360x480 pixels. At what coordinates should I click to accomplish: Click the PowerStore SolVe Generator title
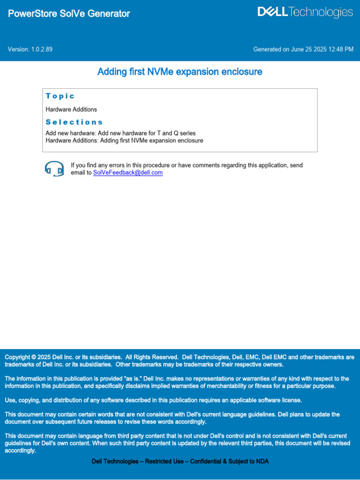pyautogui.click(x=69, y=14)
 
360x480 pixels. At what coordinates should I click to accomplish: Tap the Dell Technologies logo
pyautogui.click(x=305, y=13)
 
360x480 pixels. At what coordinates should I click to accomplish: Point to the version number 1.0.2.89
pyautogui.click(x=42, y=49)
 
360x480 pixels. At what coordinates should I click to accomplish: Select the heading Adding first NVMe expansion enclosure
pyautogui.click(x=180, y=72)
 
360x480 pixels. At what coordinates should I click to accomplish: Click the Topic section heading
pyautogui.click(x=60, y=96)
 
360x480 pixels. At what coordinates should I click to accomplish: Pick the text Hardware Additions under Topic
pyautogui.click(x=71, y=109)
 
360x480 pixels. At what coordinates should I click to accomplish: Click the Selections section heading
pyautogui.click(x=74, y=122)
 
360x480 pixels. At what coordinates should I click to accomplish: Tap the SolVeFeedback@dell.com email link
pyautogui.click(x=128, y=172)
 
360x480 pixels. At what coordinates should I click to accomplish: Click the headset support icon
pyautogui.click(x=54, y=168)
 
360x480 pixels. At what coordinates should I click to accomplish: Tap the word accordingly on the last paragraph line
pyautogui.click(x=20, y=451)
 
